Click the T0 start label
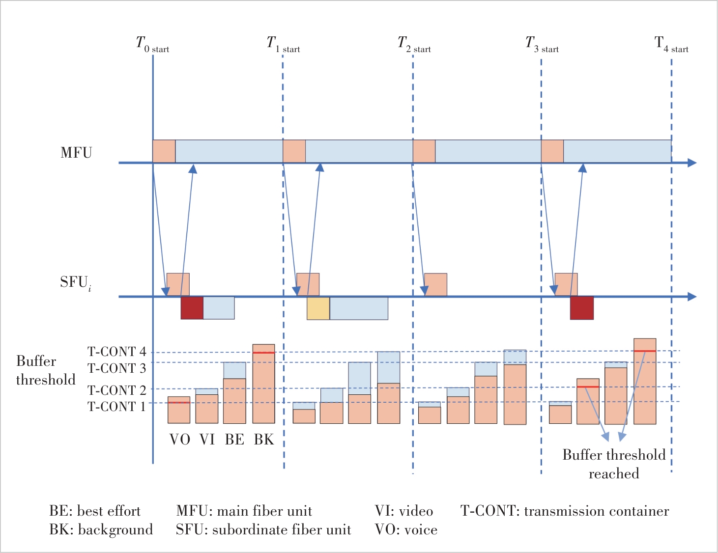click(152, 45)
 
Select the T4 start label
click(671, 45)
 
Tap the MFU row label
click(76, 153)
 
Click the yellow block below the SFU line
click(318, 308)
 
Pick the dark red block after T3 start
click(582, 308)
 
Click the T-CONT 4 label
click(117, 352)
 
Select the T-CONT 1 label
click(117, 407)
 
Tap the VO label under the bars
click(180, 440)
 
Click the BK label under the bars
click(264, 440)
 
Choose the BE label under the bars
click(234, 440)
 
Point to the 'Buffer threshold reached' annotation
click(614, 464)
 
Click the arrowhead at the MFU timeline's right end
click(692, 163)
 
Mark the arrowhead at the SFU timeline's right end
click(692, 297)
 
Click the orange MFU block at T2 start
click(424, 151)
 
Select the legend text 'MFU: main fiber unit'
click(244, 511)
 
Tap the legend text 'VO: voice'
click(406, 530)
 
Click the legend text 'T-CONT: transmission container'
click(565, 511)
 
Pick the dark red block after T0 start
click(192, 308)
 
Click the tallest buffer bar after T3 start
click(645, 381)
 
